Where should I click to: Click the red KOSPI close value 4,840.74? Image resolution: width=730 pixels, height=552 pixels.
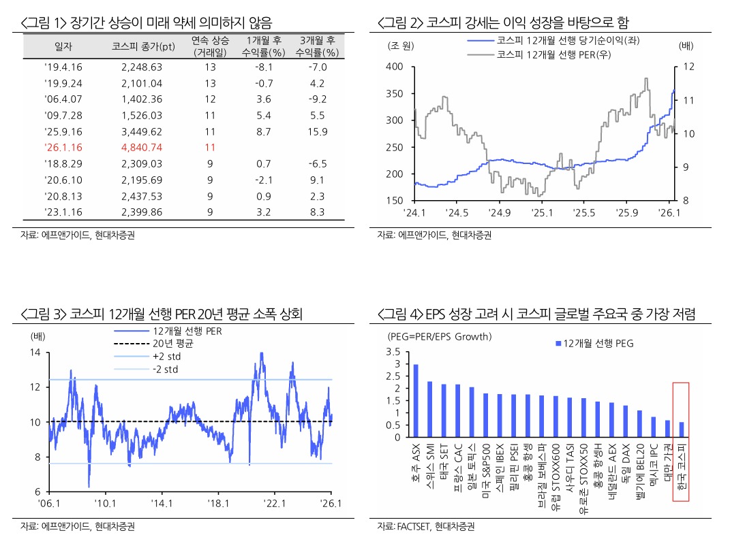142,147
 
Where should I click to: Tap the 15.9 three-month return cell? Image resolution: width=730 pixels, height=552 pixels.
318,131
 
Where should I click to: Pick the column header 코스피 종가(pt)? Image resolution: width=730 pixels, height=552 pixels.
142,46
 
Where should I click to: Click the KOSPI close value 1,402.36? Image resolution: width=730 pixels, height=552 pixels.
142,99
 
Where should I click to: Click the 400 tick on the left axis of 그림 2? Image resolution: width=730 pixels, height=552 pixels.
394,67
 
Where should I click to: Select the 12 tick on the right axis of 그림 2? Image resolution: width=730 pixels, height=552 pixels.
688,67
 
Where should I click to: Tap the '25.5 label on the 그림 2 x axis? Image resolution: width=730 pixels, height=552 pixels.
585,212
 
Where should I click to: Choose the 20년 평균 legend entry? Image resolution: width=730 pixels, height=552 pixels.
173,344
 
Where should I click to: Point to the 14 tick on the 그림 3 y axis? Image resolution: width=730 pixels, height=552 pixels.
35,353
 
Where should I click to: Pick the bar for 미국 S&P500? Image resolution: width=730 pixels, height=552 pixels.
485,415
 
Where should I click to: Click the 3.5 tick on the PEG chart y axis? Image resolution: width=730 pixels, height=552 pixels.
393,352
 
